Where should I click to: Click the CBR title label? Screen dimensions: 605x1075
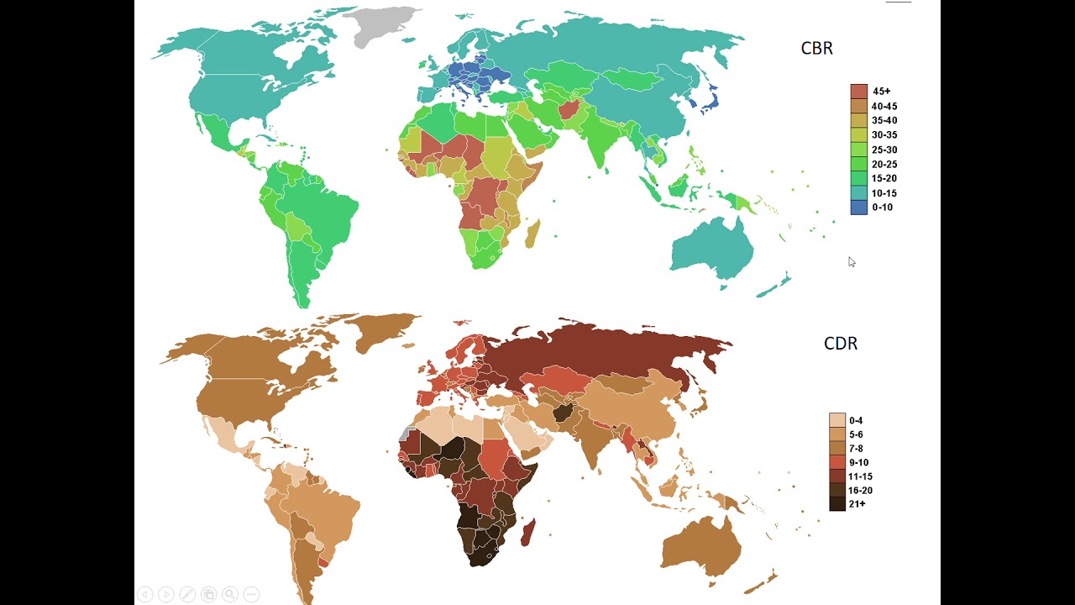816,49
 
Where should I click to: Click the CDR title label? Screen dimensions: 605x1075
840,344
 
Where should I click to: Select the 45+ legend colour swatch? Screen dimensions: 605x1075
858,91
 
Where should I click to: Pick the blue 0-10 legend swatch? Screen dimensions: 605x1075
858,208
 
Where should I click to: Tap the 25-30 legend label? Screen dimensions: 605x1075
884,150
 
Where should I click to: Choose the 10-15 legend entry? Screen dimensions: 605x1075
884,193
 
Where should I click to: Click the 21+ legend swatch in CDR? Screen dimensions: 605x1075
837,504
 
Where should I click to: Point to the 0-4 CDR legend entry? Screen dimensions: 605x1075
856,420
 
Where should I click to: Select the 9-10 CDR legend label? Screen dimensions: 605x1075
858,462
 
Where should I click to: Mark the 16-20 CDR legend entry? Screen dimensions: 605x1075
860,490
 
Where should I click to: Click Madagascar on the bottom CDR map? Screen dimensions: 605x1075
528,532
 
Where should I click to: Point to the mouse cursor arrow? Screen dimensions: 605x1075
851,262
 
